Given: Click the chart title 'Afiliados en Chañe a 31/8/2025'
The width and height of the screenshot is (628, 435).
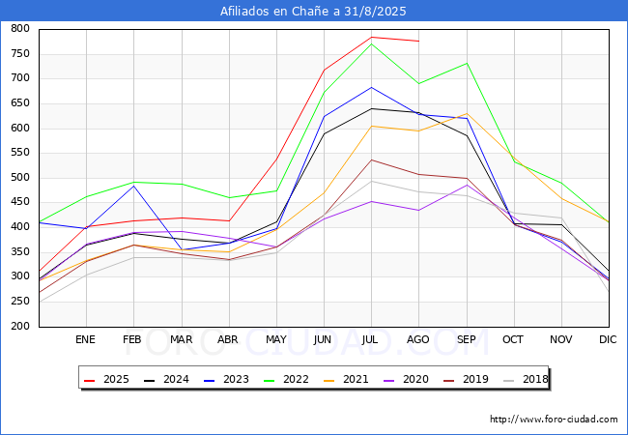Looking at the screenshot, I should (x=313, y=12).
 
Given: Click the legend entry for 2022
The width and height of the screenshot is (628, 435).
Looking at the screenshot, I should (x=287, y=379).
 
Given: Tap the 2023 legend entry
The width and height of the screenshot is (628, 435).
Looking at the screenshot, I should (x=228, y=379).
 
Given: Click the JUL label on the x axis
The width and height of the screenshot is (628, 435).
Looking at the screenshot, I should (x=371, y=340).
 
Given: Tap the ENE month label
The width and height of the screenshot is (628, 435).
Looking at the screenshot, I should (x=86, y=340).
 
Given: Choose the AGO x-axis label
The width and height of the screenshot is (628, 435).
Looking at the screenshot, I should (x=418, y=340).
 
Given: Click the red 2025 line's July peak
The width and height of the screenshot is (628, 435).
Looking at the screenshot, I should (x=371, y=38).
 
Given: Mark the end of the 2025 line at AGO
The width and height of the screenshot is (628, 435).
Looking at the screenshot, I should (x=418, y=42).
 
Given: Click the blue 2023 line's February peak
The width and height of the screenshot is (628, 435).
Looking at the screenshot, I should (x=133, y=186).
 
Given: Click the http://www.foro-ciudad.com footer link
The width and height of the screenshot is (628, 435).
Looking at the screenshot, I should (x=554, y=420).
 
